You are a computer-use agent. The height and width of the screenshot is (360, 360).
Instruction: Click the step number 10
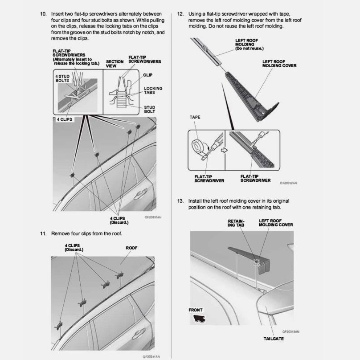tap(43, 14)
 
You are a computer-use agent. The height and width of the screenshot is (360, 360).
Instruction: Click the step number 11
tap(43, 233)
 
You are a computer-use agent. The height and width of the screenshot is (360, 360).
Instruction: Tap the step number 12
tap(180, 14)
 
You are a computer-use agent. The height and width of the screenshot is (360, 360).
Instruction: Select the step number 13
tap(180, 201)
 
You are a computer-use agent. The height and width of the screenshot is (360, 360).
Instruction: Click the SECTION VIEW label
tap(115, 64)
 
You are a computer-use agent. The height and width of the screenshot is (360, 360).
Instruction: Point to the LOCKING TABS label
tap(153, 90)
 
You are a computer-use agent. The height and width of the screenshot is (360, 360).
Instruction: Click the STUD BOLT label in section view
tap(149, 109)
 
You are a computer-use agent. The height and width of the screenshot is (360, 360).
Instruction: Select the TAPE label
tap(195, 118)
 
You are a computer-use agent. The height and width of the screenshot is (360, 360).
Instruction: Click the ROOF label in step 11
tap(131, 248)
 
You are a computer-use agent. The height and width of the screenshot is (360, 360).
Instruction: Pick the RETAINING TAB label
tap(236, 223)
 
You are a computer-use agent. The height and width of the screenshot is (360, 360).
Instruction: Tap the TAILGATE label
tap(273, 339)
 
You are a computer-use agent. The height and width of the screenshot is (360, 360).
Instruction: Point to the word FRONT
tap(195, 310)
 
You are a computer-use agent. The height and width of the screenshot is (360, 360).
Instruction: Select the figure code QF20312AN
tap(288, 183)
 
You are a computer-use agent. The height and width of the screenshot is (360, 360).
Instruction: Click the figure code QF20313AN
tap(290, 331)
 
